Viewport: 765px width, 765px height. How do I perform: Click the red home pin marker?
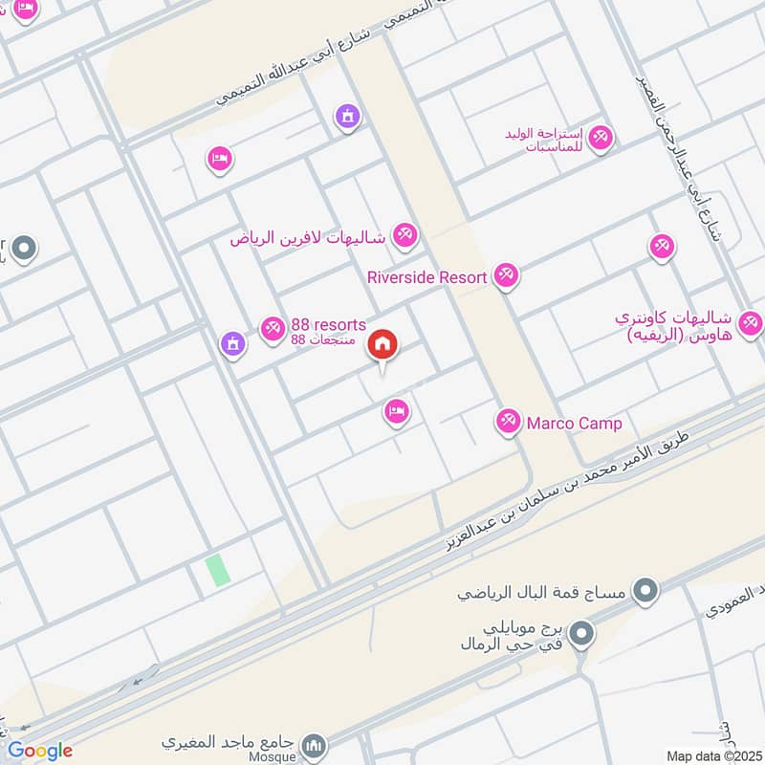(x=382, y=345)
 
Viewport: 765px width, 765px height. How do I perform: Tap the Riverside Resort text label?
(x=427, y=277)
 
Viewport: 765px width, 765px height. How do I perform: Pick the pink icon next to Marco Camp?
(x=508, y=421)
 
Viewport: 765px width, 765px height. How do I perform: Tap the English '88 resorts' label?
(x=328, y=325)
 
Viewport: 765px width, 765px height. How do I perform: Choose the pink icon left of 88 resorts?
(x=273, y=329)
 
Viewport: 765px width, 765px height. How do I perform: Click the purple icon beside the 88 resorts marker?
(x=231, y=343)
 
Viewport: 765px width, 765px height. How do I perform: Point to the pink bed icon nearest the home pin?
(x=396, y=412)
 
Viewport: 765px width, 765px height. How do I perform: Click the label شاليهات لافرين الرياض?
(x=308, y=237)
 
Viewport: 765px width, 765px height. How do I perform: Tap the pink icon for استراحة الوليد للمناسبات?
(x=601, y=139)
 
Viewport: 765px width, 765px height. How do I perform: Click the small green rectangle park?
(x=218, y=570)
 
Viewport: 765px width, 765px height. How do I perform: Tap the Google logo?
(x=39, y=751)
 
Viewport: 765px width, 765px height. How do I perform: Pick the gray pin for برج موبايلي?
(x=580, y=631)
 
